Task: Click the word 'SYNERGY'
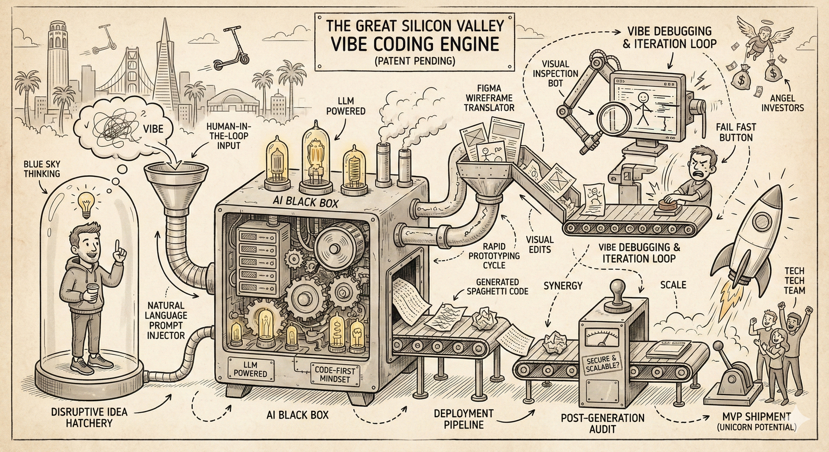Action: point(562,285)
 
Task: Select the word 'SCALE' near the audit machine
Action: point(673,285)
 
